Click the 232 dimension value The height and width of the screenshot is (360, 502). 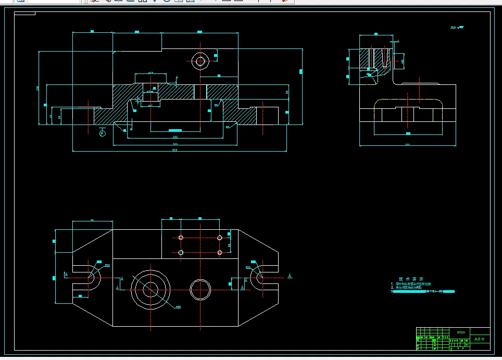coord(175,137)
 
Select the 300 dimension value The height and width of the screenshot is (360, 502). coord(175,144)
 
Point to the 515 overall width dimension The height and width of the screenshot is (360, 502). coord(175,151)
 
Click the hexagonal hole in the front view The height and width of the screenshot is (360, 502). coord(199,61)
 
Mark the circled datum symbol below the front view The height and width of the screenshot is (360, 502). coord(103,133)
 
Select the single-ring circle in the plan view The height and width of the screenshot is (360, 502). coord(200,288)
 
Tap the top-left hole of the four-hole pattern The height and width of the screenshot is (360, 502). coord(181,238)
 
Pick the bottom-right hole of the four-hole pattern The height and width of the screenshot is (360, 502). coord(220,253)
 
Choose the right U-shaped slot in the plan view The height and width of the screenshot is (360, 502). coord(258,277)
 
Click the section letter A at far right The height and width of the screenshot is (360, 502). coord(290,275)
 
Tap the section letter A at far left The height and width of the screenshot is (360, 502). coord(66,275)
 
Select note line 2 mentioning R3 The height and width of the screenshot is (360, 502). coord(409,288)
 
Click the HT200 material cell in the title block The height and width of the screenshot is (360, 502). coord(460,331)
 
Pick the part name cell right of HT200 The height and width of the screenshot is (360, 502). coord(479,339)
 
